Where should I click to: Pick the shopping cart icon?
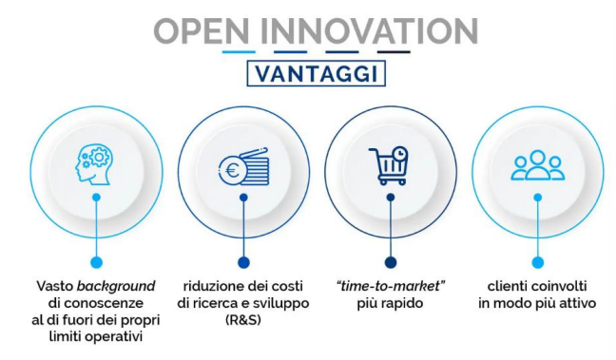(x=389, y=166)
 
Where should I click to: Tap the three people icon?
(x=537, y=166)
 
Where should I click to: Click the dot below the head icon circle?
(x=96, y=262)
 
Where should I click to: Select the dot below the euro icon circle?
(x=243, y=262)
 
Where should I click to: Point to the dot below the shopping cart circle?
(x=390, y=262)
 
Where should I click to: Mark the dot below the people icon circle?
(x=537, y=262)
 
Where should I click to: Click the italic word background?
(x=118, y=286)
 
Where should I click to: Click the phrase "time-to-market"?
(x=390, y=286)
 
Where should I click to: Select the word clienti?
(x=508, y=286)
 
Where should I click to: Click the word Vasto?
(x=56, y=286)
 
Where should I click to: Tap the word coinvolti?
(x=562, y=286)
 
